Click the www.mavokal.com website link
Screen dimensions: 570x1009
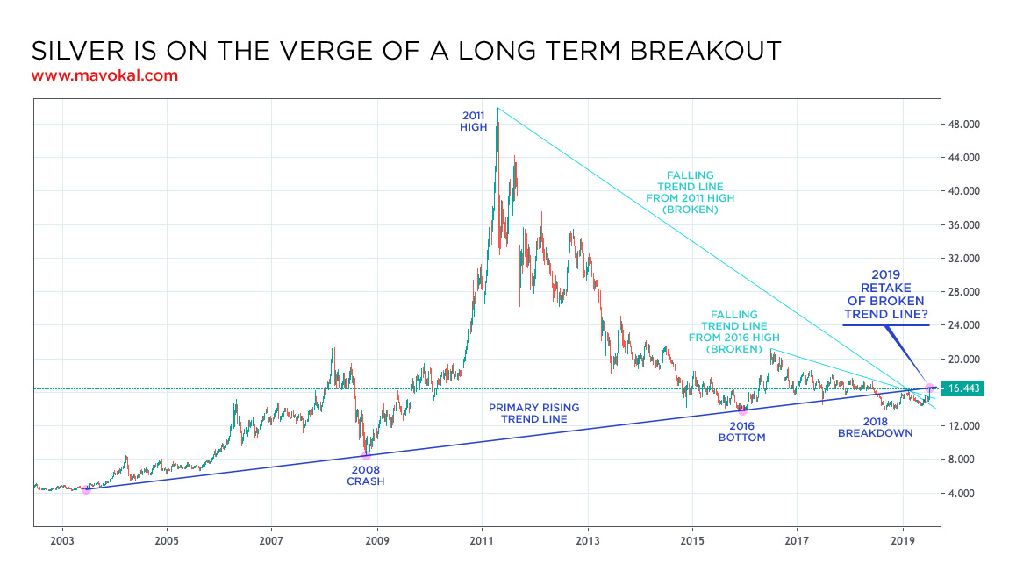(x=104, y=75)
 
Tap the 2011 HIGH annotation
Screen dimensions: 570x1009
(x=473, y=121)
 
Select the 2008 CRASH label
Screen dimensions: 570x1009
(x=366, y=474)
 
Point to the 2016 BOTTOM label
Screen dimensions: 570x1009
(x=741, y=431)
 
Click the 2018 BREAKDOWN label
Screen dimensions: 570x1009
(x=875, y=426)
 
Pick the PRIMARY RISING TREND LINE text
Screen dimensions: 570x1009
(x=533, y=413)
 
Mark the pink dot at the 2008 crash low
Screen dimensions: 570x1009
(x=366, y=455)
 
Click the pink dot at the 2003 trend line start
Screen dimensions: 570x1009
(x=86, y=489)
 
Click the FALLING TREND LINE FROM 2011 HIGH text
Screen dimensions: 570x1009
(x=690, y=193)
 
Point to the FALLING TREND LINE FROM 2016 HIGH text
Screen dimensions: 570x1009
(x=734, y=331)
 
